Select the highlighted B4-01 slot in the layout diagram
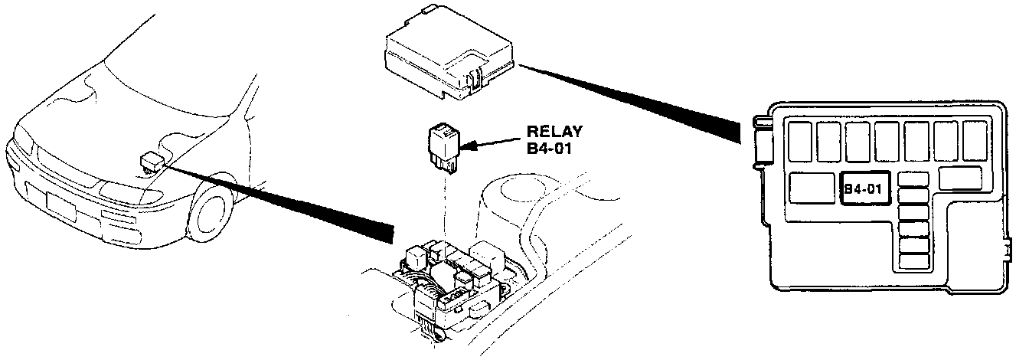click(x=863, y=188)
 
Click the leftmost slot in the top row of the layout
click(x=802, y=140)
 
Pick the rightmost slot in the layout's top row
click(x=975, y=140)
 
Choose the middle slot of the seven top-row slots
click(x=888, y=140)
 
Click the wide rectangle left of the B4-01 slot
click(x=812, y=188)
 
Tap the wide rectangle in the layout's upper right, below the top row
click(x=959, y=178)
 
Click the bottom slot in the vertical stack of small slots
click(x=913, y=261)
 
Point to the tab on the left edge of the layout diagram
click(x=760, y=142)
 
